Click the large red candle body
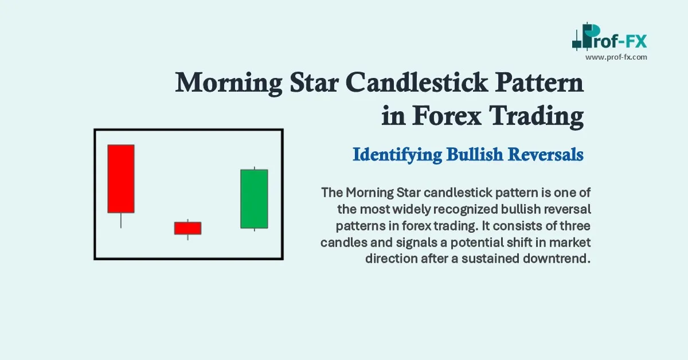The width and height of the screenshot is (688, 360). pyautogui.click(x=121, y=178)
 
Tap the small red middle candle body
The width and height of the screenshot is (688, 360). pyautogui.click(x=187, y=228)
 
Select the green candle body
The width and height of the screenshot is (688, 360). pyautogui.click(x=254, y=199)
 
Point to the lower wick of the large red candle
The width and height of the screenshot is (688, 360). pyautogui.click(x=121, y=220)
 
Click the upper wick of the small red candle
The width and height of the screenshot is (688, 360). pyautogui.click(x=188, y=220)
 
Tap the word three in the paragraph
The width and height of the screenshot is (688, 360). pyautogui.click(x=576, y=225)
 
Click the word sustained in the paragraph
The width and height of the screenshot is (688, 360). pyautogui.click(x=494, y=259)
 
